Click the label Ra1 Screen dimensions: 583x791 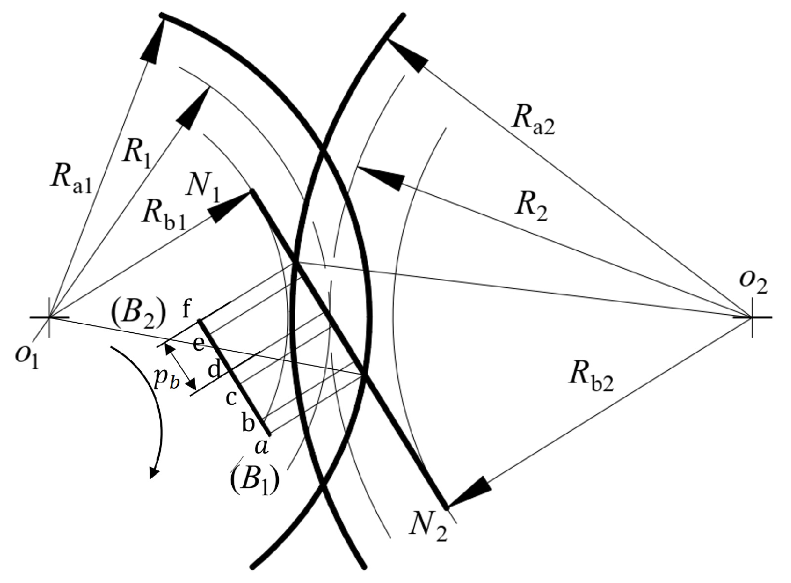[x=71, y=179]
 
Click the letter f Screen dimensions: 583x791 [x=187, y=308]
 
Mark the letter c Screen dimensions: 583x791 [x=231, y=397]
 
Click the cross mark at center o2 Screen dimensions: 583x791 [x=752, y=317]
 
